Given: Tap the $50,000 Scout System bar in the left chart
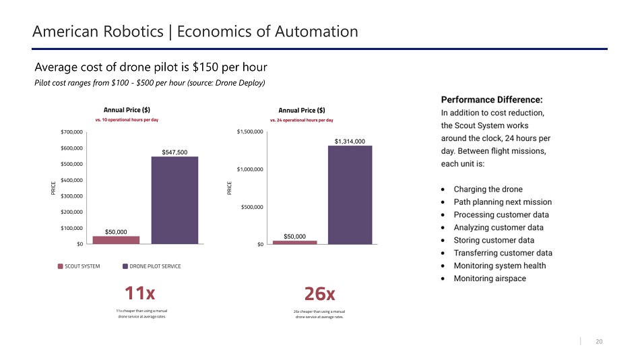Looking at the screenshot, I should click(116, 239).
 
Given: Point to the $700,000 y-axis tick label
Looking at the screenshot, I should click(72, 132).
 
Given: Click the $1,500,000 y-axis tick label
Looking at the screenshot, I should click(249, 132).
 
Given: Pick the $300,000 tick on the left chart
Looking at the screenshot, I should click(72, 196).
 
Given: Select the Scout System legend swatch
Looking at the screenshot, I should click(61, 266).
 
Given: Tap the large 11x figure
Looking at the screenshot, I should click(139, 293).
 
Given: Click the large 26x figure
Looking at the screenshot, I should click(319, 294).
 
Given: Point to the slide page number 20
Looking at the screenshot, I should click(599, 342).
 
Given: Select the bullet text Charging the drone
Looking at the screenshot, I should click(488, 189).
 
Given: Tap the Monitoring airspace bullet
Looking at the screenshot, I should click(490, 278).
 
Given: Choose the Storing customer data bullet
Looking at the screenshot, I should click(494, 240).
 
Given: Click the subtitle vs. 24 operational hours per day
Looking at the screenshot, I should click(301, 120).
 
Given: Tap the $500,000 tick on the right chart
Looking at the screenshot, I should click(251, 207).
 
